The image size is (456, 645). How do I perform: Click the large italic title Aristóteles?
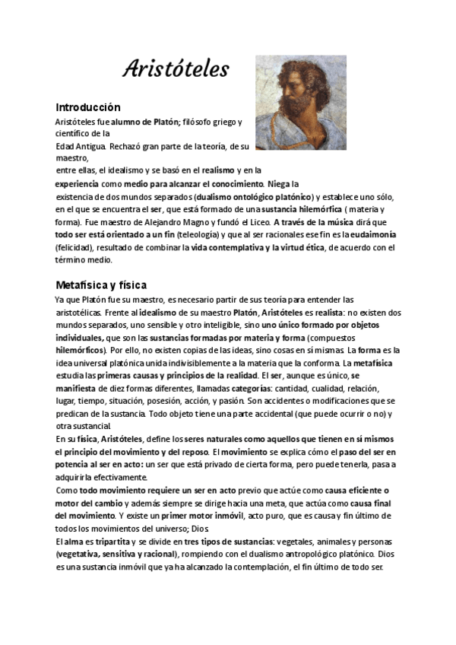[176, 70]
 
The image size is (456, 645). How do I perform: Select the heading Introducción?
[88, 107]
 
